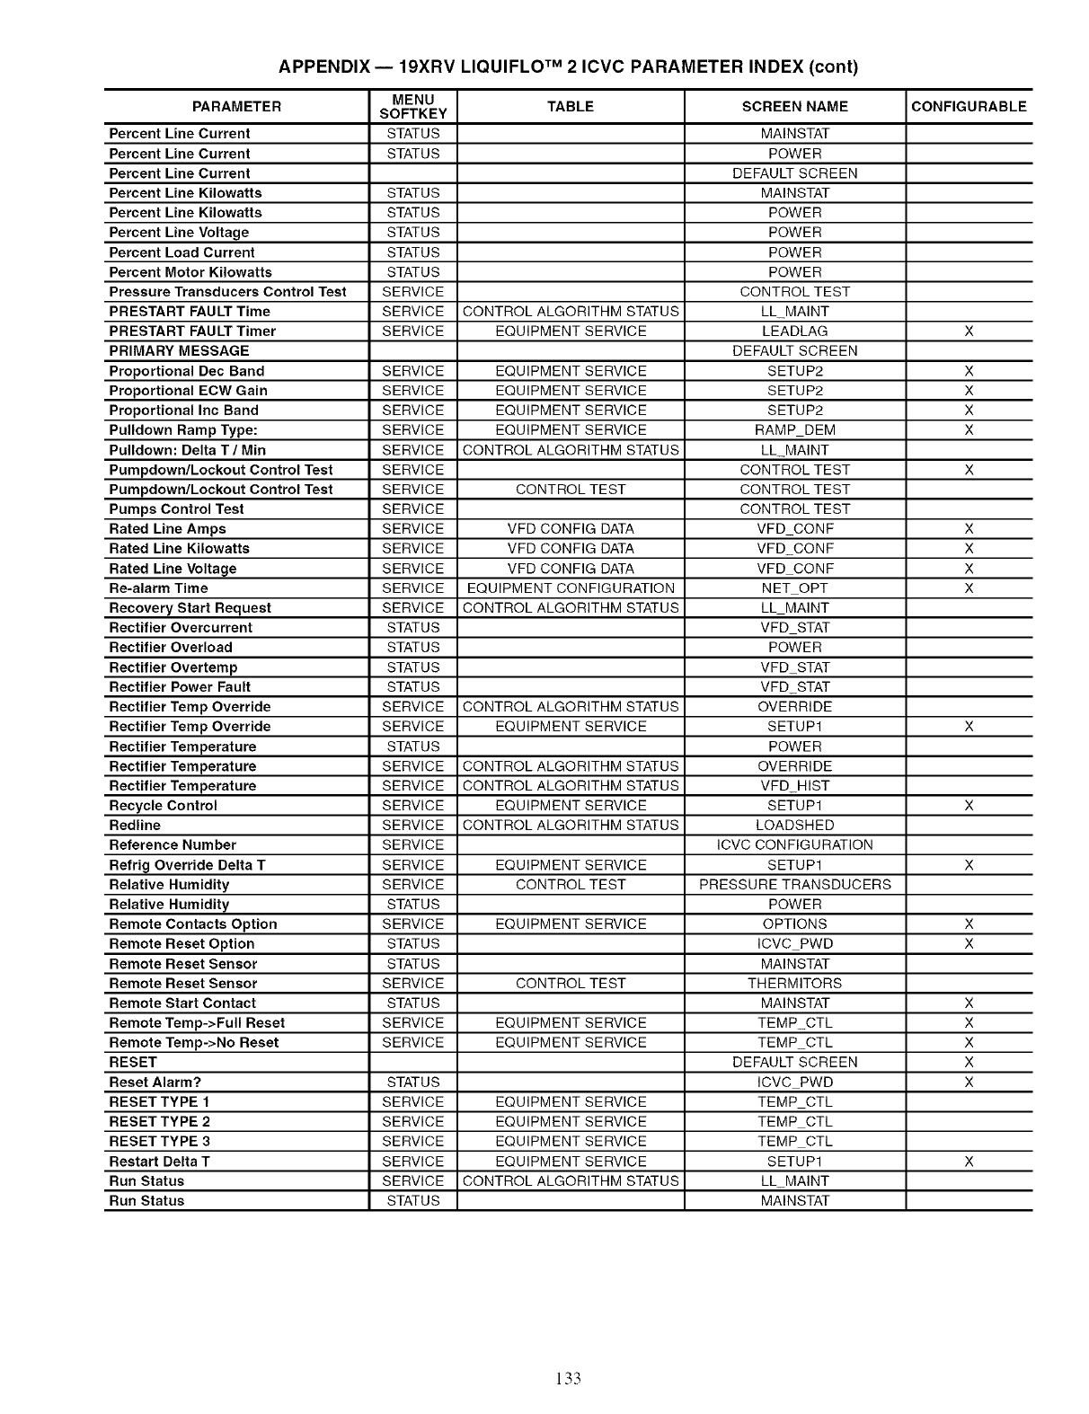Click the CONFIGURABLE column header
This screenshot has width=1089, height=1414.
pos(969,106)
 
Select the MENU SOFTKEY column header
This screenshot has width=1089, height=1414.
pos(413,106)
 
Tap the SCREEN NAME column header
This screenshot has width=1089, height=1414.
pos(794,106)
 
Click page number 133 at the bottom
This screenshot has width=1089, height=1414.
pos(568,1378)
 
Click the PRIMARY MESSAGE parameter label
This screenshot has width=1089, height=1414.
pos(179,351)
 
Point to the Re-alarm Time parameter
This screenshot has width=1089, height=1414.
pos(158,588)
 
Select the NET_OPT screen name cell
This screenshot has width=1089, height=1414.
pos(794,588)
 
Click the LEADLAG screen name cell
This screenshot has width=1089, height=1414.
pos(794,331)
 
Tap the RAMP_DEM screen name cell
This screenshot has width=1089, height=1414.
pos(794,430)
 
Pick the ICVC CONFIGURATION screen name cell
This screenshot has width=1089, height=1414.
pos(794,845)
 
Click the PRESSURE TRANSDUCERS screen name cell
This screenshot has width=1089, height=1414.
pos(794,885)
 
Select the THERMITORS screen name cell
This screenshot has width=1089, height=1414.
pos(794,984)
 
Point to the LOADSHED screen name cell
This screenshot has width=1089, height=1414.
pos(794,826)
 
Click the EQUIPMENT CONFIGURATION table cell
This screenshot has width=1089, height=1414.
pos(571,588)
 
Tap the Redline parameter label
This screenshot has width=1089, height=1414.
pos(135,826)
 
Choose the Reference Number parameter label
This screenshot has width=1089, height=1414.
pos(173,845)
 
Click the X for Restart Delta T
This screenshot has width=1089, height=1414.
pos(969,1162)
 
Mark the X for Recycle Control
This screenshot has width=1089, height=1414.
pos(969,806)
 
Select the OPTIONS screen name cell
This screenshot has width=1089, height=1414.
pos(794,924)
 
